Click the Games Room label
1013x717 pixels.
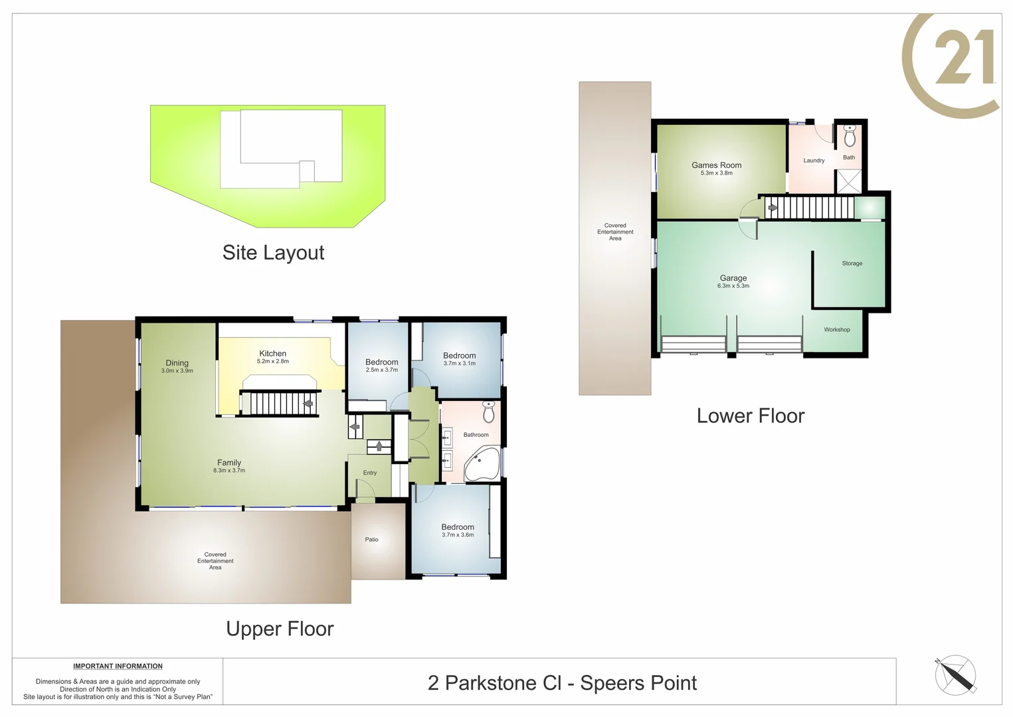tap(716, 165)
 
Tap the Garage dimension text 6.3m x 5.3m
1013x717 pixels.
tap(733, 286)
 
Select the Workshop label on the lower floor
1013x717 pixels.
tap(836, 330)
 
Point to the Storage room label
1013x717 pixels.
tap(852, 264)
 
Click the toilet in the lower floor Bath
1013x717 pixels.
tap(849, 136)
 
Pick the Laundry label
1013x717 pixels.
tap(814, 161)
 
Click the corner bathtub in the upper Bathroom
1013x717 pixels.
tap(480, 464)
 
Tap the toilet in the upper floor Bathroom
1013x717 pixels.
tap(489, 412)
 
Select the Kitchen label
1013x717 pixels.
tap(272, 354)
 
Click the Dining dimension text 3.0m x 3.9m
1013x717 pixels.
tap(177, 371)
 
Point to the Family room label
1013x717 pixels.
tap(229, 463)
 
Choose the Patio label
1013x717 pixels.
tap(371, 540)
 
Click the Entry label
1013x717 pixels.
tap(369, 473)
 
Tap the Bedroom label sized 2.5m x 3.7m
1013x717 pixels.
tap(381, 362)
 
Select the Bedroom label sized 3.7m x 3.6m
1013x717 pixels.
tap(458, 527)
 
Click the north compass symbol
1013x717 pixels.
tap(955, 675)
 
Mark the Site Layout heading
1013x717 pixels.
tap(273, 253)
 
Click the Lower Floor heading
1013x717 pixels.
tap(750, 416)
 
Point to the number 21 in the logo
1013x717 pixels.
tap(964, 58)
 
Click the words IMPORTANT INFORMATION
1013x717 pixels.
tap(118, 666)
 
